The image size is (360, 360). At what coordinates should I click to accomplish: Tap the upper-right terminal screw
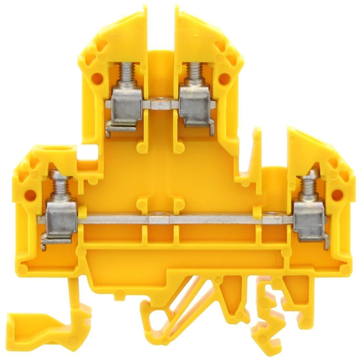(x=195, y=73)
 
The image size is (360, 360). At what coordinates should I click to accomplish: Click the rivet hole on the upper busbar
(x=161, y=104)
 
